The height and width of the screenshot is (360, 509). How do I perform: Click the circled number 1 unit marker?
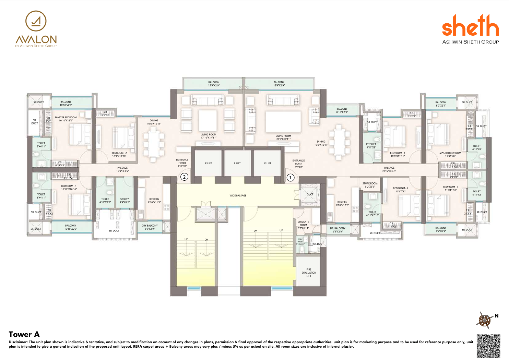point(290,178)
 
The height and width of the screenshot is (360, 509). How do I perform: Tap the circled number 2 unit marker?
point(184,177)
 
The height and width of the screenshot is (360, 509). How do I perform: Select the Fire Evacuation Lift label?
point(309,273)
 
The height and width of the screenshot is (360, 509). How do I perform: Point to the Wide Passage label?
point(238,195)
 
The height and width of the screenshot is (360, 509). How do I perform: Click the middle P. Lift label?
point(238,163)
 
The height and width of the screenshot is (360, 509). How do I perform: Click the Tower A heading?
point(24,334)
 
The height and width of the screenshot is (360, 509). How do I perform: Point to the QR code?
point(488,346)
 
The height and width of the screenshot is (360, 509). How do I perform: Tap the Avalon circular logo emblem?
point(36,21)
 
